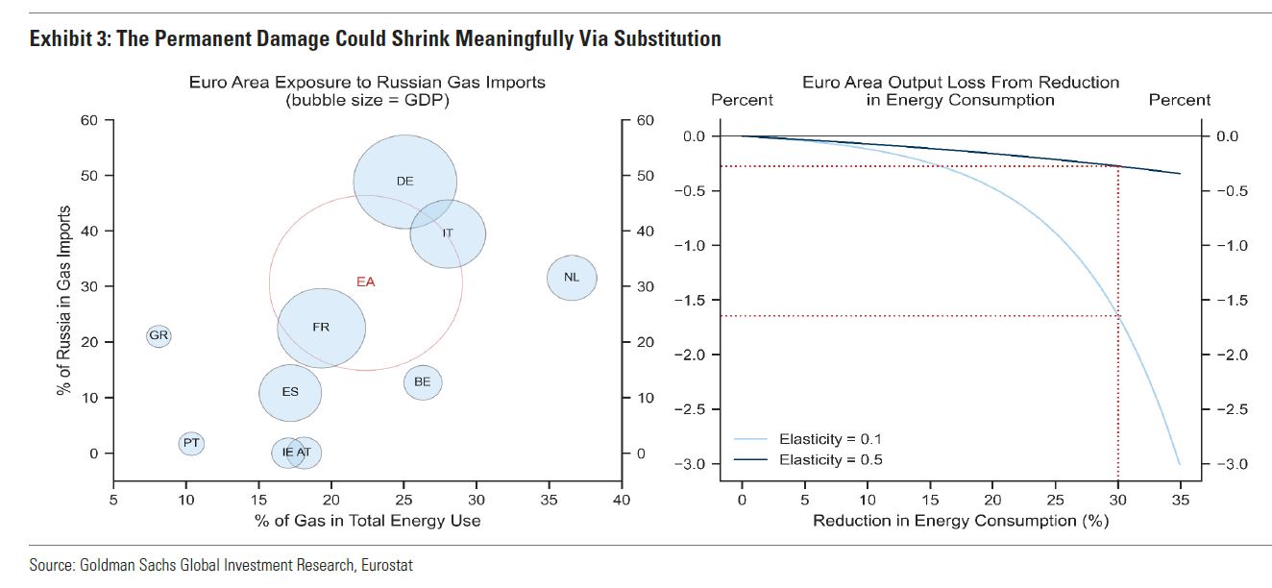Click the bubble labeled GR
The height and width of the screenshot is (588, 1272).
pyautogui.click(x=159, y=336)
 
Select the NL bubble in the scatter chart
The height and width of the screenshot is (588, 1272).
pyautogui.click(x=572, y=278)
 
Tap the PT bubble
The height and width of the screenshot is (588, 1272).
pyautogui.click(x=191, y=443)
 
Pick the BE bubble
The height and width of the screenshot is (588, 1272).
pyautogui.click(x=422, y=382)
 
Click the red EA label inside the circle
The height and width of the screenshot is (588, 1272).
pyautogui.click(x=365, y=282)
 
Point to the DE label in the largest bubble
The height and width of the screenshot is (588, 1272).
pyautogui.click(x=404, y=181)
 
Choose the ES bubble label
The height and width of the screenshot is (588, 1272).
pyautogui.click(x=289, y=392)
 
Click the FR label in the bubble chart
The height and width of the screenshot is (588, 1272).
pyautogui.click(x=321, y=328)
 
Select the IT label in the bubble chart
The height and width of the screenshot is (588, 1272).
pyautogui.click(x=448, y=233)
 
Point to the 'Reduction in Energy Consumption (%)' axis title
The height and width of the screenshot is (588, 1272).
pyautogui.click(x=961, y=521)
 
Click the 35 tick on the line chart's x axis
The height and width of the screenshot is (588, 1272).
pyautogui.click(x=1180, y=500)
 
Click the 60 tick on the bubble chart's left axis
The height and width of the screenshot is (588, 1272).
pyautogui.click(x=89, y=120)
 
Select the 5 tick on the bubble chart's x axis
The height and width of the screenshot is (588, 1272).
pyautogui.click(x=113, y=500)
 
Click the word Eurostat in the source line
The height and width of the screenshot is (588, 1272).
pyautogui.click(x=386, y=566)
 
